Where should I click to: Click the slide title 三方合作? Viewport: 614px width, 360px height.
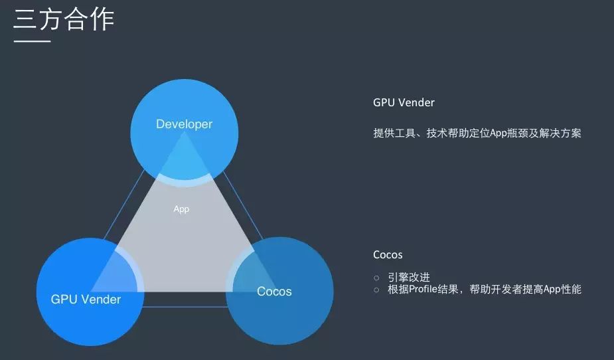(64, 19)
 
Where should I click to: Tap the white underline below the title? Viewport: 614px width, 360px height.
(33, 42)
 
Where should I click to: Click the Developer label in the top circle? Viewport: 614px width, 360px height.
(184, 124)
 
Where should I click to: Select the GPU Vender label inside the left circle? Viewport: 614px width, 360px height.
(86, 300)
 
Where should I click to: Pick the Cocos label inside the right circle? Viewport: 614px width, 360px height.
(274, 292)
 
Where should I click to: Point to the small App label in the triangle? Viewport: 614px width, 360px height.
(181, 209)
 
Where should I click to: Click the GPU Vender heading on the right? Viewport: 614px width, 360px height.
(404, 103)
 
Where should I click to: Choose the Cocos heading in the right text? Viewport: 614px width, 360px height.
(388, 255)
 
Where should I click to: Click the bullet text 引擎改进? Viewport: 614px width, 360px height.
(409, 278)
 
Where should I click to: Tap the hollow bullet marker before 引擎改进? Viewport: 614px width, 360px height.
(376, 278)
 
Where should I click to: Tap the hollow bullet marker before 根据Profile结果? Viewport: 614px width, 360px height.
(376, 290)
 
